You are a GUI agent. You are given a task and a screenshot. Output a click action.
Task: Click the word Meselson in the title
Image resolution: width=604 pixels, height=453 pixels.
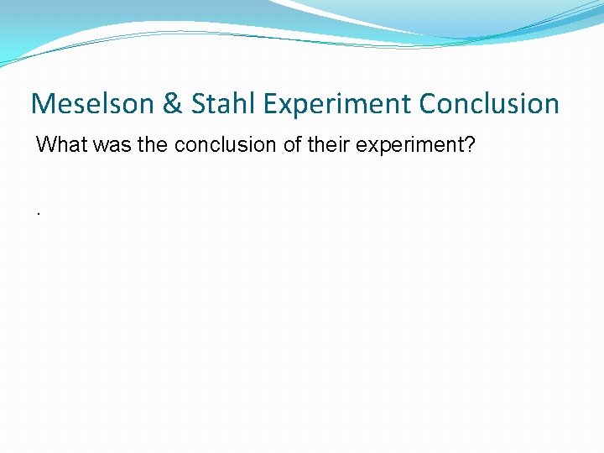coord(91,104)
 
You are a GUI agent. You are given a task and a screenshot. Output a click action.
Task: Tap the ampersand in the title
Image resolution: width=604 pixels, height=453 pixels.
coord(172,104)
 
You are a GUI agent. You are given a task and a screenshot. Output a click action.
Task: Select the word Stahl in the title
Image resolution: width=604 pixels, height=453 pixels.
coord(221,104)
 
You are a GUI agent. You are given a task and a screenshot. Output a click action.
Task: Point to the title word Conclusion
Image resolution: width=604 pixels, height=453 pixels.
coord(489,104)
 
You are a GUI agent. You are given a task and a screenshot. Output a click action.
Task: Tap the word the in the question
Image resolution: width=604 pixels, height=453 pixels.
coord(153,145)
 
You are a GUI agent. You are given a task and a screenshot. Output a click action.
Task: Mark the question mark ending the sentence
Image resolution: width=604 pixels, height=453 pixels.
coord(471,145)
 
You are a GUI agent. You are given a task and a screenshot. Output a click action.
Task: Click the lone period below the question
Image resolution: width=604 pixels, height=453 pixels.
coord(39,213)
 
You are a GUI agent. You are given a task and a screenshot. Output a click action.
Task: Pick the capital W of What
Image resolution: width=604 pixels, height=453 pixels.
coord(44,145)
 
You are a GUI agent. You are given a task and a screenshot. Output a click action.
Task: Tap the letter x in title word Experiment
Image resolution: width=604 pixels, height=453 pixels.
coord(282,107)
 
